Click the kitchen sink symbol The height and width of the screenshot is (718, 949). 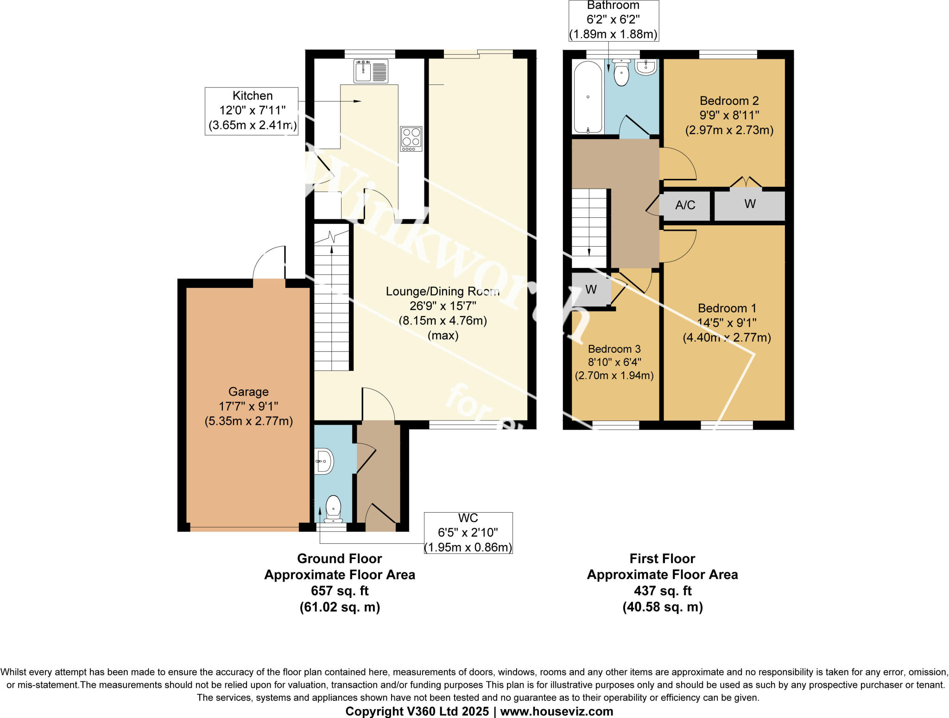371,71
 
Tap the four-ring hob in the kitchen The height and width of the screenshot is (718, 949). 411,138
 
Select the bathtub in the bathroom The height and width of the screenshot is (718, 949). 588,97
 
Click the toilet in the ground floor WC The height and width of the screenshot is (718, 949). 333,508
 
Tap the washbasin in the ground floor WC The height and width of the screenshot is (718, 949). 324,461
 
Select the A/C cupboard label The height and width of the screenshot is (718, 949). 685,205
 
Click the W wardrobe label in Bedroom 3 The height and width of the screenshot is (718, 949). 591,290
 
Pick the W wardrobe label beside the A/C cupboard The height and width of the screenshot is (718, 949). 750,204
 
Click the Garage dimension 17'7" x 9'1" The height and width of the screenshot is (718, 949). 248,407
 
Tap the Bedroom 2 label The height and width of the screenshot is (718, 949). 729,101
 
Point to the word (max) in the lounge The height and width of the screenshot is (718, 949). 443,335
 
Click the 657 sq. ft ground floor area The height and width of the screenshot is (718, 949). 340,591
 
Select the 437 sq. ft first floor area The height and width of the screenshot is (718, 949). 662,591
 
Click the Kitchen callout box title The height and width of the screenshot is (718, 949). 252,95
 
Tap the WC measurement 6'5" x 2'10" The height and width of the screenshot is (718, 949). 468,533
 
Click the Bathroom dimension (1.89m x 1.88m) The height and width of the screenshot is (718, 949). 613,34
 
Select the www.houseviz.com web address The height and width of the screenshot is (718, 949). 556,711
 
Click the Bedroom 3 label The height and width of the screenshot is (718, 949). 614,349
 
